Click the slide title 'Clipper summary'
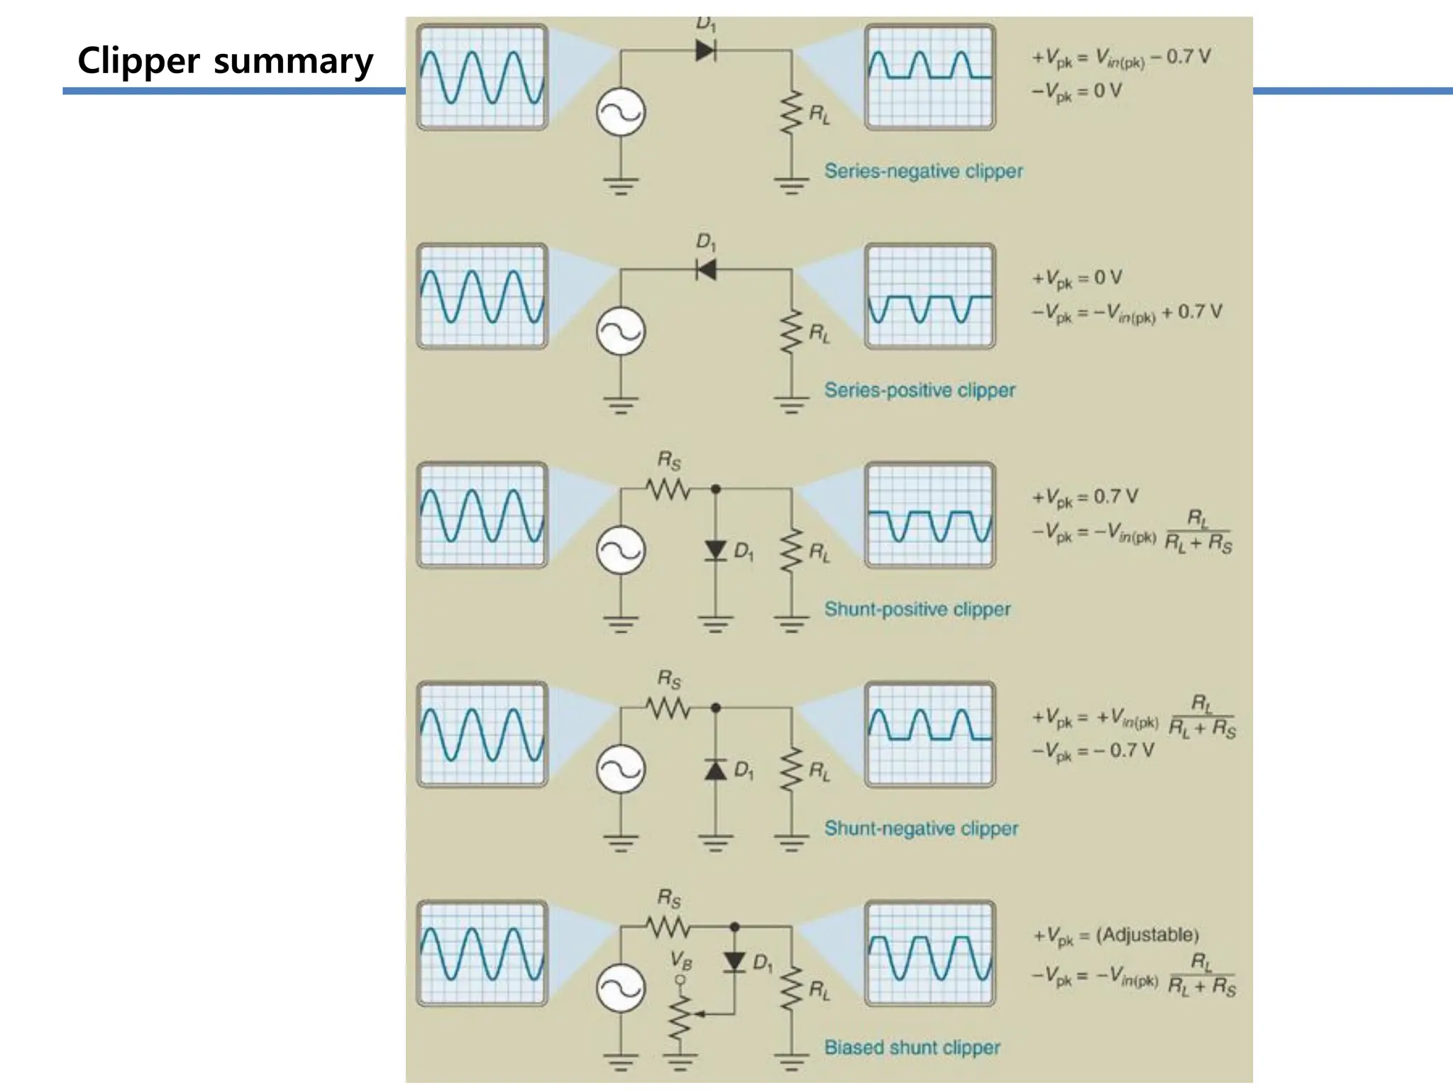[x=225, y=61]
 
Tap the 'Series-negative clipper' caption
[x=923, y=171]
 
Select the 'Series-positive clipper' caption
[x=919, y=390]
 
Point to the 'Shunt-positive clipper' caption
[x=917, y=609]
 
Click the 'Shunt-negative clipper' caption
[x=921, y=828]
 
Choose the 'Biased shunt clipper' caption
[x=912, y=1047]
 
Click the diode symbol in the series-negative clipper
[x=705, y=50]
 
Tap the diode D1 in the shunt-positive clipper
[x=715, y=551]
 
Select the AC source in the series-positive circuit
[x=621, y=332]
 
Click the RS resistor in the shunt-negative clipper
[x=668, y=708]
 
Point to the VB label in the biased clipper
[x=680, y=962]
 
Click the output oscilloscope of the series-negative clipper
[x=929, y=77]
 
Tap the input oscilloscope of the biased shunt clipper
[x=482, y=954]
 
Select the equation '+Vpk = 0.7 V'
[x=1085, y=497]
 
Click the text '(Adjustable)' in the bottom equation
[x=1147, y=935]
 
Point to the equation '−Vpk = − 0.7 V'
[x=1093, y=751]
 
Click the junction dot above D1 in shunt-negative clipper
[x=715, y=708]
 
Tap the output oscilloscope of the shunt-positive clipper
[x=929, y=515]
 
